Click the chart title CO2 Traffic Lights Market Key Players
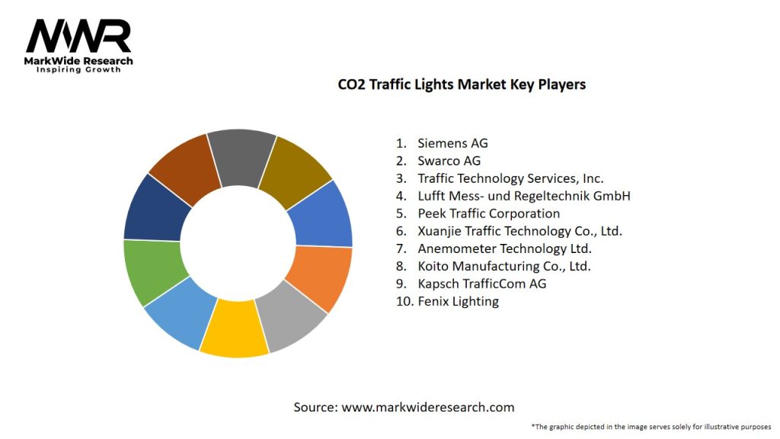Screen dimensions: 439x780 tap(462, 85)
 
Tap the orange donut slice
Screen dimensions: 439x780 tap(321, 277)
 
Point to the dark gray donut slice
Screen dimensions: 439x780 tap(241, 156)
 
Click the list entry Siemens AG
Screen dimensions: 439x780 tap(452, 143)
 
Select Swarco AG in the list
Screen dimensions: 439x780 tap(449, 161)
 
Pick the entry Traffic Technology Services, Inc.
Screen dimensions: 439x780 tap(510, 178)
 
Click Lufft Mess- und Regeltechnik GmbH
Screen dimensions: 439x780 tap(523, 196)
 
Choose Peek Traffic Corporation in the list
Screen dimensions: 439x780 tap(488, 213)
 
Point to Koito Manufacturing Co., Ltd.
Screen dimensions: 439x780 tap(503, 266)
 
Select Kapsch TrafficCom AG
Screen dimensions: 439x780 tap(481, 284)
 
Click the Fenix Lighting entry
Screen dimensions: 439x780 tap(458, 301)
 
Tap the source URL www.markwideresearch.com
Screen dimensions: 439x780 tap(427, 407)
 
